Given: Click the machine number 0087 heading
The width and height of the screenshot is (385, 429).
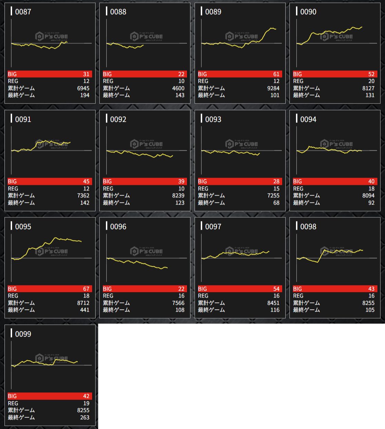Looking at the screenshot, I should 23,12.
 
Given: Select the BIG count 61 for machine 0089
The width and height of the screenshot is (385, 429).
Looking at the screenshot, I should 276,74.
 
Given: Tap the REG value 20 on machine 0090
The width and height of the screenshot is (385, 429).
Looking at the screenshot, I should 371,81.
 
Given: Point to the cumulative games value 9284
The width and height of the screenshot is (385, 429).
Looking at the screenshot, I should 273,88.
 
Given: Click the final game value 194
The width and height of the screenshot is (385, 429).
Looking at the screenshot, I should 85,95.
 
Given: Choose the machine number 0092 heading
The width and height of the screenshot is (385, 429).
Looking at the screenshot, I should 118,119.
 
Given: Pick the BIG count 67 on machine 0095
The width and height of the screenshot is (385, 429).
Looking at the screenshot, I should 86,289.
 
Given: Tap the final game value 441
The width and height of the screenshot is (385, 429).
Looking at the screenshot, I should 85,310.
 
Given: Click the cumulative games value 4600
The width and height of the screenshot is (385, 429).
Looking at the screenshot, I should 178,88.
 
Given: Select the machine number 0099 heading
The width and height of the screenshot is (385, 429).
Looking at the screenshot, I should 23,334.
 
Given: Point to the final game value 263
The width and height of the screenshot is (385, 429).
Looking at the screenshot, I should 85,418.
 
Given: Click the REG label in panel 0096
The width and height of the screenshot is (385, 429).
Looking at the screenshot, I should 108,296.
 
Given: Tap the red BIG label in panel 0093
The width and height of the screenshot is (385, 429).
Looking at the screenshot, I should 203,181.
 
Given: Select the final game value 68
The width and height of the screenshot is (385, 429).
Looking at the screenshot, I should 276,203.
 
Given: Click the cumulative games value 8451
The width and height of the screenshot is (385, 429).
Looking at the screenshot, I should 273,303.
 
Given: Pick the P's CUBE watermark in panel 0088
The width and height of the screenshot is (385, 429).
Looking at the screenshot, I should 147,36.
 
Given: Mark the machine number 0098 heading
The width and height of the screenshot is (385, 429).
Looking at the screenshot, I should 308,227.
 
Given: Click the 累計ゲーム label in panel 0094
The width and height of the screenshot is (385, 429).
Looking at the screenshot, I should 306,196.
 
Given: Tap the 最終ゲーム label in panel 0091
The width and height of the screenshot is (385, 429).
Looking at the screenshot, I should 21,203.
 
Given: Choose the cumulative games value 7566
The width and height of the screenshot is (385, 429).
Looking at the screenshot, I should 178,303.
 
